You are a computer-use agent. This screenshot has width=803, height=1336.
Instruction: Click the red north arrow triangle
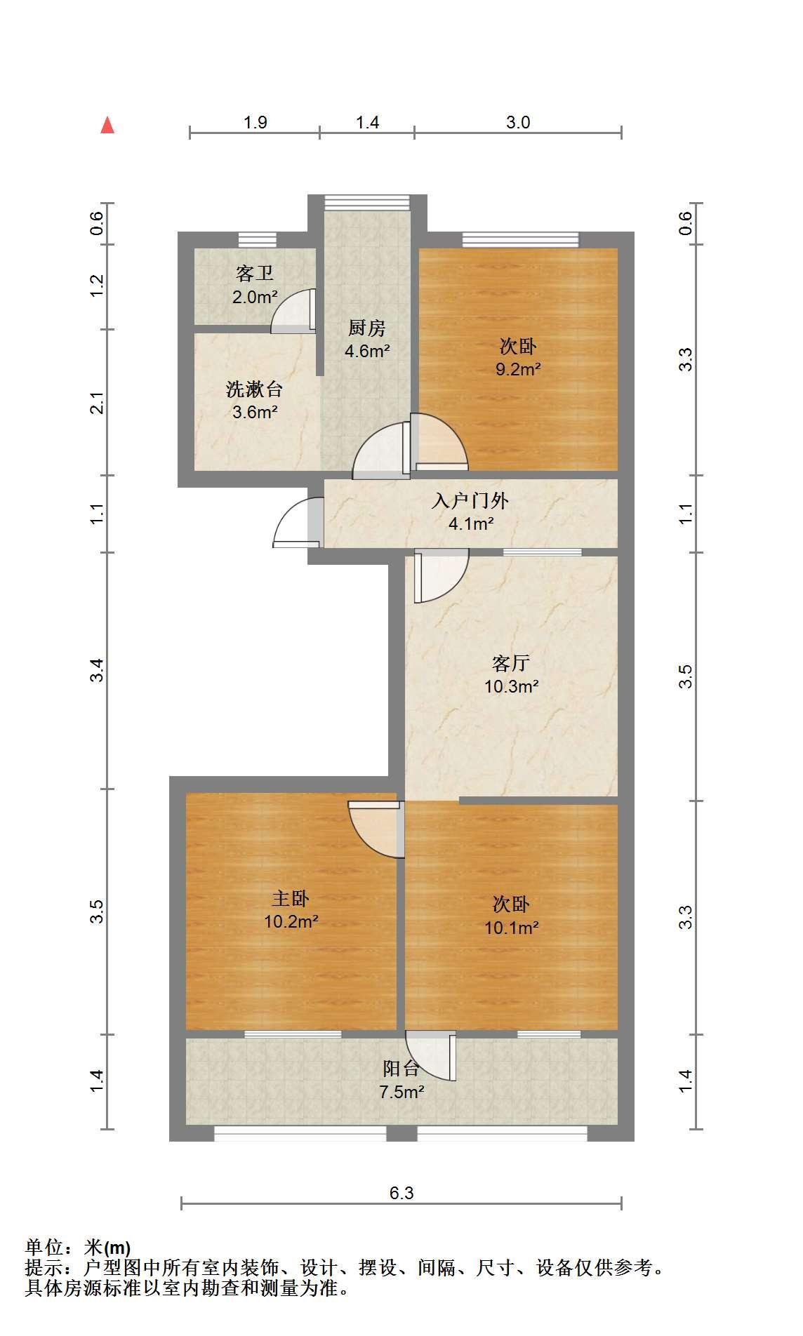click(x=107, y=125)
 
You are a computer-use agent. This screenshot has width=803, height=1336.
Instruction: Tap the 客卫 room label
click(x=254, y=273)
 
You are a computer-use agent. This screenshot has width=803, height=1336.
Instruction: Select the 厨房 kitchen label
click(x=366, y=328)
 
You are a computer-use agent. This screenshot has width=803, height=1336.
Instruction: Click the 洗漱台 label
click(x=254, y=389)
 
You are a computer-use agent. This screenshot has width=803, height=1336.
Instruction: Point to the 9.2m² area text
click(x=518, y=369)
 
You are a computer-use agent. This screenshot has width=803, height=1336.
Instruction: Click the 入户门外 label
click(x=470, y=500)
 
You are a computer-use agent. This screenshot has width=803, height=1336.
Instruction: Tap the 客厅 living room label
click(x=511, y=663)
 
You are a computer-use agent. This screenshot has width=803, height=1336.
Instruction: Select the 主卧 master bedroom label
click(x=291, y=898)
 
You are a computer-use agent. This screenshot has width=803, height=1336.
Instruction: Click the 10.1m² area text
click(x=511, y=928)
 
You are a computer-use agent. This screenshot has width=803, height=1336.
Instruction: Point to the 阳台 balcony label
click(x=401, y=1069)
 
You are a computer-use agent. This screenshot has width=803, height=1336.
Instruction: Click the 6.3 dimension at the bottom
click(x=401, y=1193)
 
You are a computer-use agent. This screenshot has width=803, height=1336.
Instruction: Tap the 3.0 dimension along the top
click(x=518, y=122)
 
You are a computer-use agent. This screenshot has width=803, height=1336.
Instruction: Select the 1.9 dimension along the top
click(x=255, y=122)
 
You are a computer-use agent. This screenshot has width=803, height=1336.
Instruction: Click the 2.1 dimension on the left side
click(x=98, y=403)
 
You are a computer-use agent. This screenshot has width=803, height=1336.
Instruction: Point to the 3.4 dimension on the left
click(x=98, y=670)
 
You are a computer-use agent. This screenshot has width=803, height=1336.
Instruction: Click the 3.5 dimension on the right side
click(x=686, y=676)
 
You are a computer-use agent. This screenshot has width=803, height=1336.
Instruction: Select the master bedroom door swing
click(x=376, y=829)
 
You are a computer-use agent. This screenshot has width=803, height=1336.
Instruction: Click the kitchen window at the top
click(x=366, y=202)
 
